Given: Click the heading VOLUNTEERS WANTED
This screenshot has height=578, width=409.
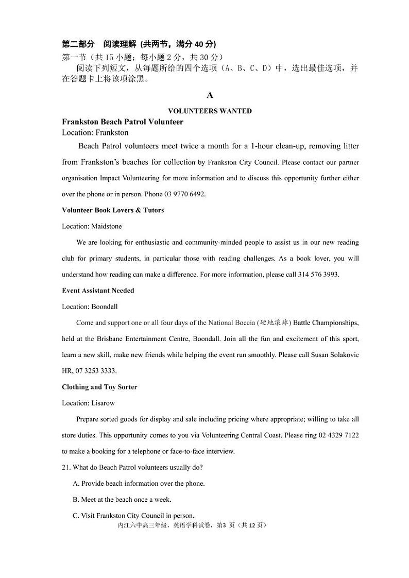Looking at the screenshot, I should point(210,111).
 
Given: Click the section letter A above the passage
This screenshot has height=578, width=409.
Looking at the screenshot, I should point(210,95).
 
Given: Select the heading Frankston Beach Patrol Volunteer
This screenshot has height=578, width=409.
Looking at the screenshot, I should point(123,122).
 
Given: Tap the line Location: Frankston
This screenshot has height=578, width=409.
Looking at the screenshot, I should point(95,132).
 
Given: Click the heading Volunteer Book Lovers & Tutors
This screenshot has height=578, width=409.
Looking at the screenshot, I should point(113,210).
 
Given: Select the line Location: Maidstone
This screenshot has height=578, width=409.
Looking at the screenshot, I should point(92,226).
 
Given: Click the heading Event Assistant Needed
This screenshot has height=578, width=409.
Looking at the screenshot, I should point(98,291).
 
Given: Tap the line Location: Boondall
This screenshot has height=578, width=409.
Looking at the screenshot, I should point(90,307).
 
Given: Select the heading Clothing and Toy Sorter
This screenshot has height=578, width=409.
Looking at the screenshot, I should point(99,387).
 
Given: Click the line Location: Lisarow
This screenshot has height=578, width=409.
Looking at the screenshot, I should point(89,402).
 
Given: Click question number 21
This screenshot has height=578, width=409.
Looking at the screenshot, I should point(66,467).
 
